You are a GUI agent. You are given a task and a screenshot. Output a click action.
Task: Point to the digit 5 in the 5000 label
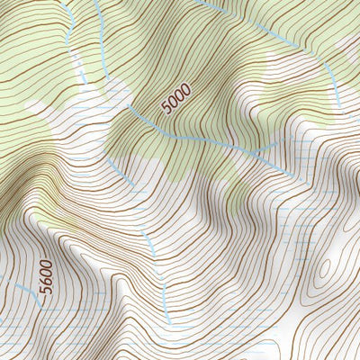(x=166, y=109)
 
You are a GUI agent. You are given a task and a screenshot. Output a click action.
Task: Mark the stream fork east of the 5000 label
(x=261, y=148)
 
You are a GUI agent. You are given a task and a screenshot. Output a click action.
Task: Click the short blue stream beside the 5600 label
(x=27, y=292)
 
